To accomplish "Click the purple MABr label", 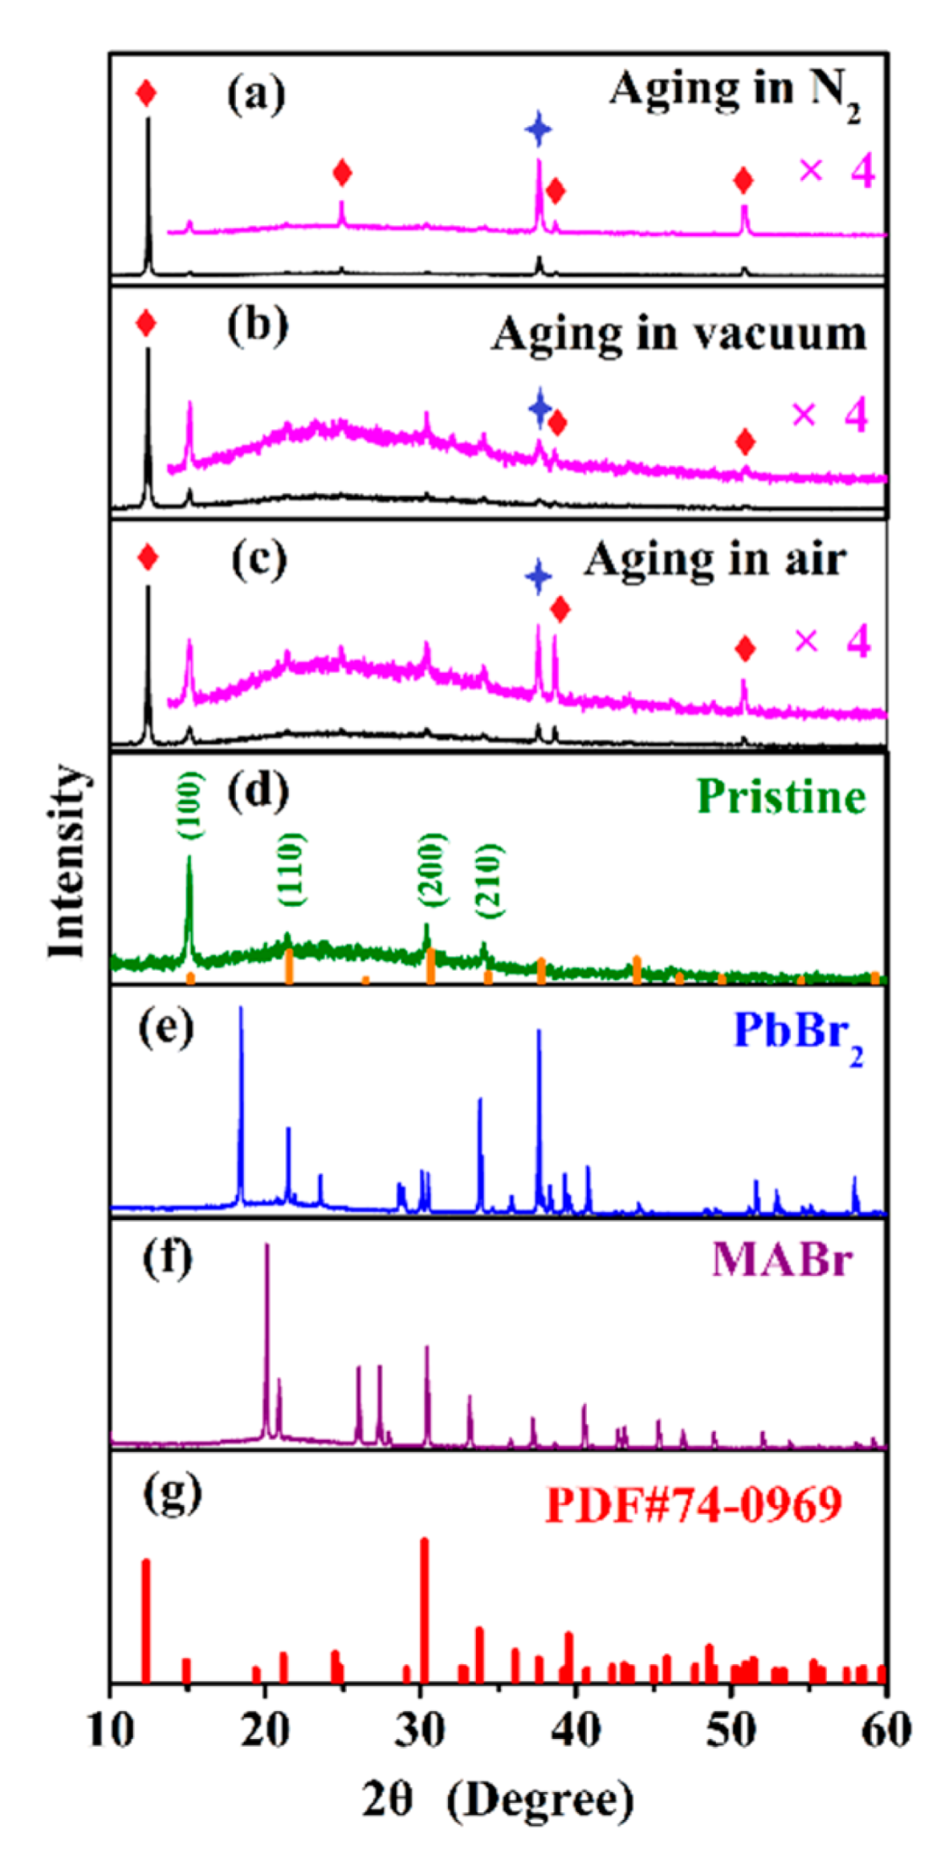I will (781, 1260).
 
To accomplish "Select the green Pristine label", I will (781, 797).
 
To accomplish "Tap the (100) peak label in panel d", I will (193, 806).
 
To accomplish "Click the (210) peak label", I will (488, 881).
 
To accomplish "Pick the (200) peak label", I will (432, 869).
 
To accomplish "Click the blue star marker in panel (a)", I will (539, 129).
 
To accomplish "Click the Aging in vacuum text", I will (678, 333).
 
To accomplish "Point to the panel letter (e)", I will (166, 1028).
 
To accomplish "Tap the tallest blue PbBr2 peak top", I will (241, 1009).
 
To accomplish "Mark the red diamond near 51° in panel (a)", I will (743, 181).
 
